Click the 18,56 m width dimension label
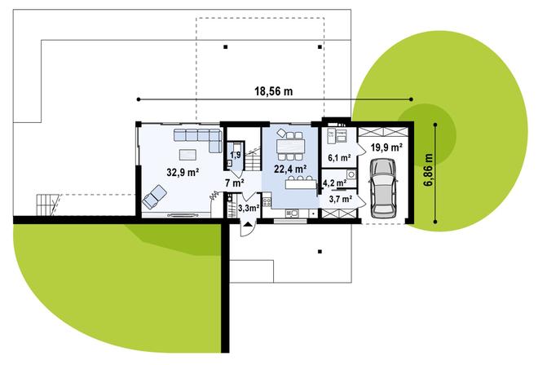point(273,91)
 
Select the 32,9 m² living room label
point(183,172)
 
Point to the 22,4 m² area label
point(289,169)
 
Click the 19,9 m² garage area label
point(386,147)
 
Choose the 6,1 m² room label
point(338,157)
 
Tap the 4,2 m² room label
point(334,183)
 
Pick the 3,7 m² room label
point(340,198)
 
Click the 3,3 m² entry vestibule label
point(249,209)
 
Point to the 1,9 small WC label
point(235,155)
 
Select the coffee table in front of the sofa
point(187,153)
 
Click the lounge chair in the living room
point(155,196)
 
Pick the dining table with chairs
point(289,147)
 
